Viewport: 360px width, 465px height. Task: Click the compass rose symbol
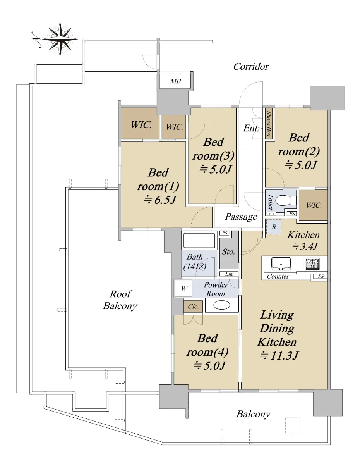click(60, 39)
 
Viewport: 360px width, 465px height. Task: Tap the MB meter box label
click(175, 81)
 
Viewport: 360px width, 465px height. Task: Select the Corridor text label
click(251, 67)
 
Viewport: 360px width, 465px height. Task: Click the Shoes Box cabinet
click(269, 124)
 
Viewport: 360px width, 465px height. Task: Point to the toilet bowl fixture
click(286, 200)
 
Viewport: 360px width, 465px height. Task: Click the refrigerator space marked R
click(274, 227)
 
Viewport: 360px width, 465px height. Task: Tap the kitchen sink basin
click(281, 263)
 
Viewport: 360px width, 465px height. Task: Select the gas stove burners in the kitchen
click(312, 264)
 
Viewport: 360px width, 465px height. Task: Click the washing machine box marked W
click(183, 288)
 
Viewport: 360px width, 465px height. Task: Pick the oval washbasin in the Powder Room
click(222, 305)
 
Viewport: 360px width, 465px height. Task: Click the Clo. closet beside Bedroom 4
click(193, 307)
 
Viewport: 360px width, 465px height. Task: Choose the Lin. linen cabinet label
click(229, 274)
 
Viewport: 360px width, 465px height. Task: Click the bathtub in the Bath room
click(199, 241)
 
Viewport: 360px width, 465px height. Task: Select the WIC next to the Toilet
click(313, 205)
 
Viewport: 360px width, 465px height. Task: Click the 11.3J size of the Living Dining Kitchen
click(279, 355)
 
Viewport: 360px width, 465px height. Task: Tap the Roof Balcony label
click(120, 300)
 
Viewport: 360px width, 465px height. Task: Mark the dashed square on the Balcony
click(293, 425)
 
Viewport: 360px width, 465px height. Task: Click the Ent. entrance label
click(251, 128)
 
